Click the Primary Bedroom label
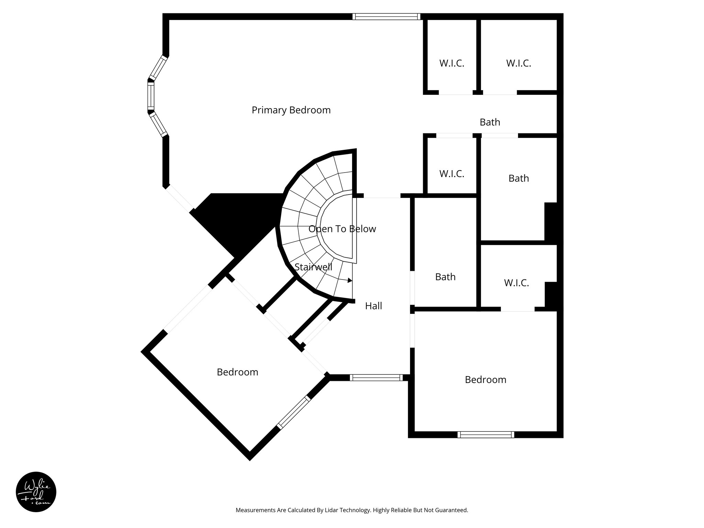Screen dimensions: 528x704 coord(291,110)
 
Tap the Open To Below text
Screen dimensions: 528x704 coord(342,229)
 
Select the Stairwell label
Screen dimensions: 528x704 coord(313,267)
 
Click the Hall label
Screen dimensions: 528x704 coord(373,306)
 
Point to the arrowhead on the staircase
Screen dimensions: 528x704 coord(350,280)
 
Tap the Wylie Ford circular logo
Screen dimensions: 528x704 coord(36,492)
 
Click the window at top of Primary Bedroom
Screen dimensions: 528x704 coord(386,16)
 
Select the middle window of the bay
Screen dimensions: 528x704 coord(151,95)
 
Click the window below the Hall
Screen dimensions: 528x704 coord(376,377)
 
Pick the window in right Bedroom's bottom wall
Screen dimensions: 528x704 coord(486,434)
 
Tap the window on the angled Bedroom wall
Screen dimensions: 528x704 coord(294,412)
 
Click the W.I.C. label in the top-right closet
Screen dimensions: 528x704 coord(518,63)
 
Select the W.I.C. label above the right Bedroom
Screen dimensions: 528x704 coord(516,283)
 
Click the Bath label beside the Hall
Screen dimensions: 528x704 coord(445,277)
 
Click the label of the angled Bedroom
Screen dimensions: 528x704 coord(237,372)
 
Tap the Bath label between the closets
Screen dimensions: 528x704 coord(490,122)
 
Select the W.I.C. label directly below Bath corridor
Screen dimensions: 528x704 coord(452,174)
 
